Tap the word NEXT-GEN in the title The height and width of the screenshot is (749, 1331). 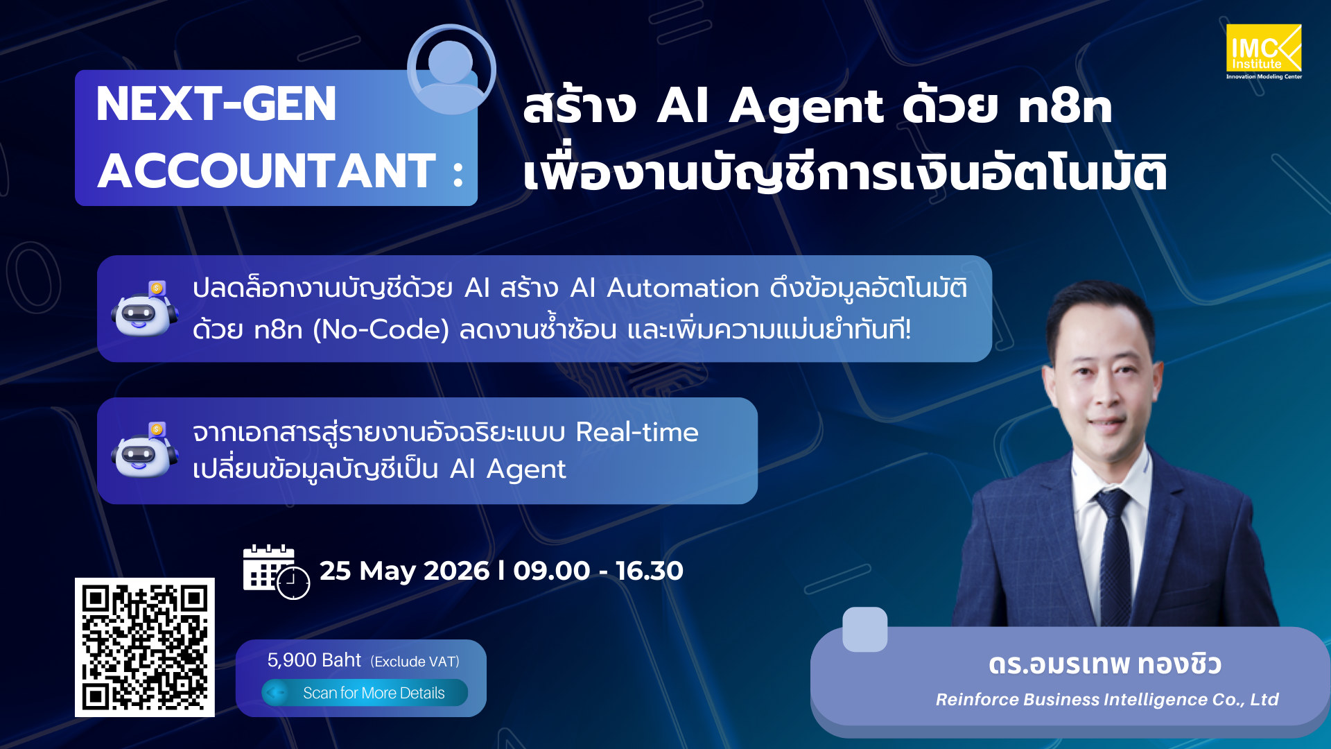(x=216, y=105)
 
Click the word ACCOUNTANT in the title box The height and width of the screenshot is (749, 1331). (x=267, y=171)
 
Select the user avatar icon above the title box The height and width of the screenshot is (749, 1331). (x=451, y=69)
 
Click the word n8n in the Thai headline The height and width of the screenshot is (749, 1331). (x=1065, y=107)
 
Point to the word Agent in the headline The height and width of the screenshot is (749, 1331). (x=806, y=107)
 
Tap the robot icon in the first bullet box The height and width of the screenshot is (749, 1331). (x=143, y=309)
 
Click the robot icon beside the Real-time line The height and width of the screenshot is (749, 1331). (x=143, y=451)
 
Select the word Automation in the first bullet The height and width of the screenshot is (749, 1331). (x=683, y=289)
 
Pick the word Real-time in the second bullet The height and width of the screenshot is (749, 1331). (x=636, y=432)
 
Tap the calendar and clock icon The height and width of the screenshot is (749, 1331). (x=275, y=571)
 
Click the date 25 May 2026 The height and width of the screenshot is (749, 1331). (x=404, y=571)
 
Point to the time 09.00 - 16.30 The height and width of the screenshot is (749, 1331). (x=598, y=571)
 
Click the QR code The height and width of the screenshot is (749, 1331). (x=144, y=646)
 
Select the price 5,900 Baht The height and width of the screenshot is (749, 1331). (x=314, y=660)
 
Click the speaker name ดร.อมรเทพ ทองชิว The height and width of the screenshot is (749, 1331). (x=1104, y=664)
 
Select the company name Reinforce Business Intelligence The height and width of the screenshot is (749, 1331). (x=1106, y=700)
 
